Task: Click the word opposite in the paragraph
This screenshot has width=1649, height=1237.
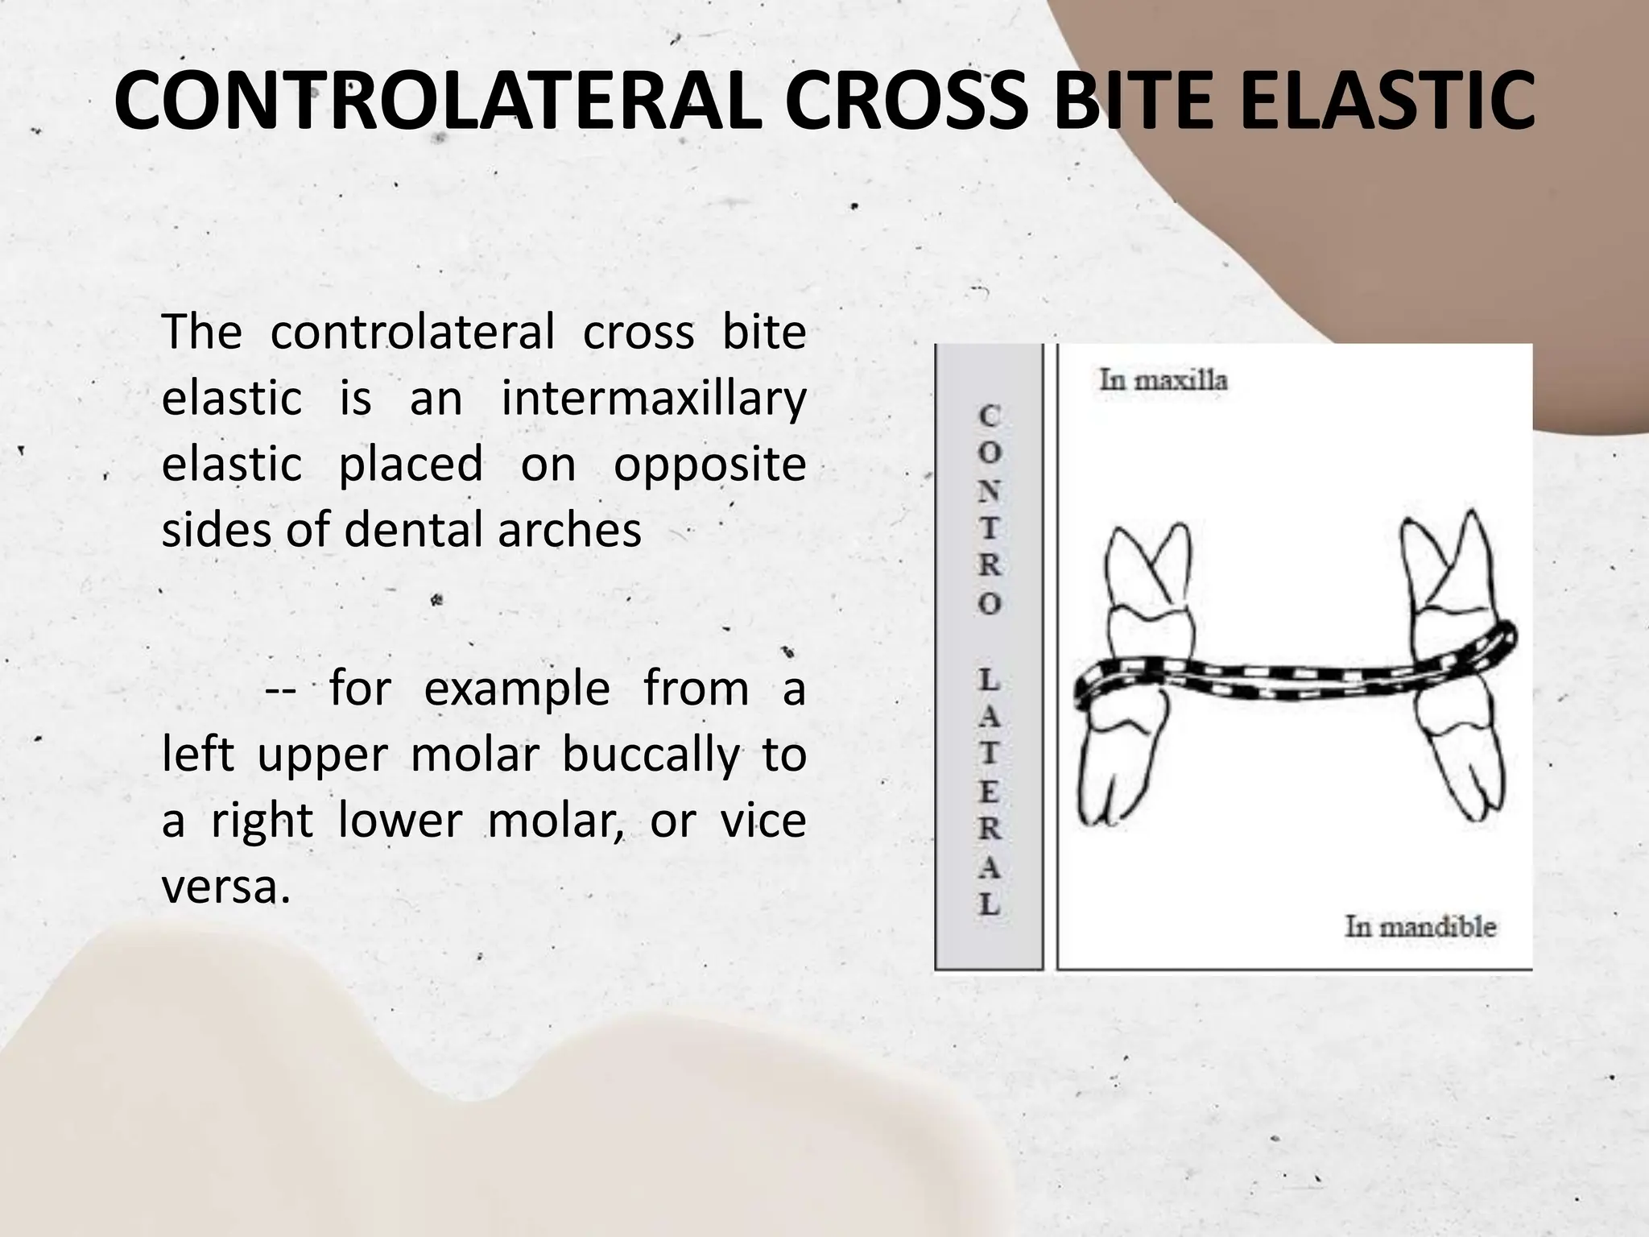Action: pos(709,465)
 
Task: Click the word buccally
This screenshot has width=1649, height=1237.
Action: pos(649,757)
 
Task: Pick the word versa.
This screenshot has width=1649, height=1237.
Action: pos(225,887)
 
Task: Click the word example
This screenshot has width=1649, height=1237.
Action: pos(517,690)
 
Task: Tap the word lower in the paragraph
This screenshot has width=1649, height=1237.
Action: pos(399,822)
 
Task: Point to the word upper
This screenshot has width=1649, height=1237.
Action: pos(323,757)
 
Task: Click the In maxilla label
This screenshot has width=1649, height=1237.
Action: pos(1163,379)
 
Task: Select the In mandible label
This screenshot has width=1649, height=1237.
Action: pos(1420,926)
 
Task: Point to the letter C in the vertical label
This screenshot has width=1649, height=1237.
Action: pos(990,416)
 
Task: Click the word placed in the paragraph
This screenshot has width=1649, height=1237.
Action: pos(411,465)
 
